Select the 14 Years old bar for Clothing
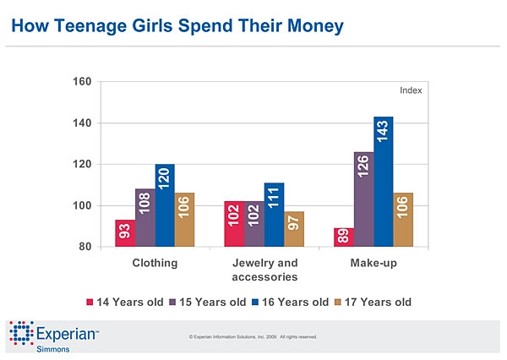click(x=124, y=233)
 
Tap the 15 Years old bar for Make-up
click(x=363, y=199)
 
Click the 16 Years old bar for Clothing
click(x=165, y=205)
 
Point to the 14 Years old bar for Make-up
click(x=342, y=237)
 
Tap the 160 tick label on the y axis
click(x=81, y=82)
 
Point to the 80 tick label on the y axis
click(x=84, y=247)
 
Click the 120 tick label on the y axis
click(x=81, y=165)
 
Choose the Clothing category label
click(x=155, y=264)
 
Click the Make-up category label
click(x=373, y=264)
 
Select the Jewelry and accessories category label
click(x=264, y=270)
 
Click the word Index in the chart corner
click(x=410, y=90)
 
